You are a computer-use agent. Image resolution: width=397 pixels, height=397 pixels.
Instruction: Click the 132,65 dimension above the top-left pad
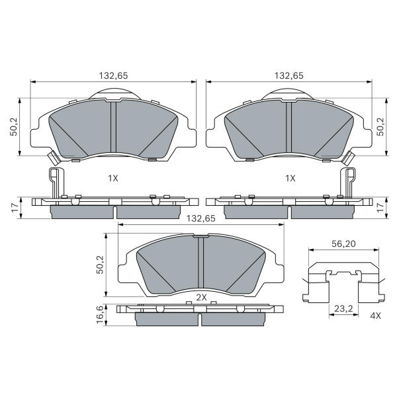113,75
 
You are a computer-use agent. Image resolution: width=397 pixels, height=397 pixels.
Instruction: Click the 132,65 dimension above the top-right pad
289,75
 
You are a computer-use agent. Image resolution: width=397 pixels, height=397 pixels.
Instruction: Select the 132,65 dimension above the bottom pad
200,218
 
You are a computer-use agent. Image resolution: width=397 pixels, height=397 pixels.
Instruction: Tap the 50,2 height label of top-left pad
14,127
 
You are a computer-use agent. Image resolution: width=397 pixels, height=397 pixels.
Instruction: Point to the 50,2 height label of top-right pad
380,127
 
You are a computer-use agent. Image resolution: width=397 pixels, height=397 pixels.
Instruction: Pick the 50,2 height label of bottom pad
101,264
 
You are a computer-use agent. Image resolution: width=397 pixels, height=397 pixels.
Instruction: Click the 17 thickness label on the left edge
15,208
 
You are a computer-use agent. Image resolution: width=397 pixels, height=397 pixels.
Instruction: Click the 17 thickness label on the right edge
380,208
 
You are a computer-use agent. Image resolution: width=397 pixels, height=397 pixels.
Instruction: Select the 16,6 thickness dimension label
101,315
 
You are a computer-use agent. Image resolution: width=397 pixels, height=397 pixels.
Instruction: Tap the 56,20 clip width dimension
343,243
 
